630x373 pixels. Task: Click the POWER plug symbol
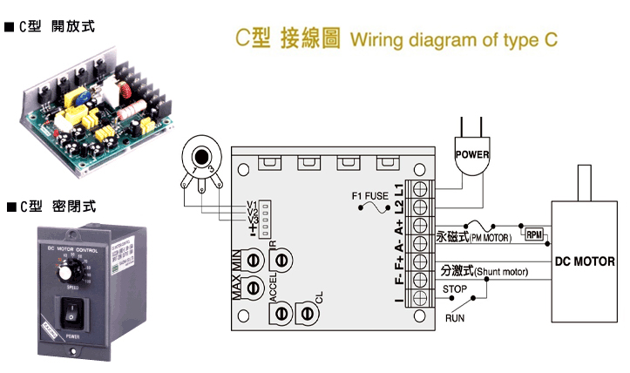471,157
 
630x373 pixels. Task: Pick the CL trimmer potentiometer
305,312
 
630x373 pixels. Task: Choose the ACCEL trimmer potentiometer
256,287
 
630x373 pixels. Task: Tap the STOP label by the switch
455,289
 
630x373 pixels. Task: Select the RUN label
455,318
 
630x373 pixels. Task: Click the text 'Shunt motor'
504,273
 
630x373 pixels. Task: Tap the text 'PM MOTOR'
495,236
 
